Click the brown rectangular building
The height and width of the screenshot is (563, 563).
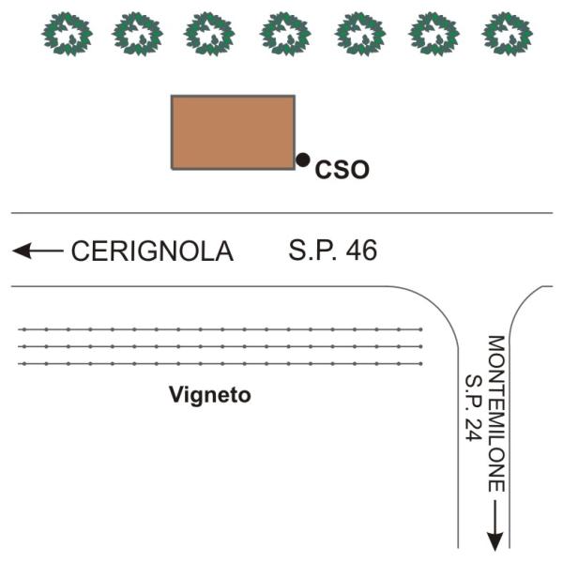tap(233, 132)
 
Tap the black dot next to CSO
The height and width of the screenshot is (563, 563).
tap(303, 160)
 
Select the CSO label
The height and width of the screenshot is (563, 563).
tap(342, 170)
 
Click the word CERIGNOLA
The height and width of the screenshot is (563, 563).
tap(153, 251)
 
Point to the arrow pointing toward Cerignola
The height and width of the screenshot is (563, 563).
tap(38, 251)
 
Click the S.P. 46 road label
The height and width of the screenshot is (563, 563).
tap(333, 251)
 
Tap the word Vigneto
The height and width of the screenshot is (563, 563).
tap(210, 396)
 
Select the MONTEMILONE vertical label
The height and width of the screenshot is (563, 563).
tap(496, 414)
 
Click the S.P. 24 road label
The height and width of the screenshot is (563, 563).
tap(473, 408)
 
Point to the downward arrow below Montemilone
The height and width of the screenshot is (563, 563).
tap(495, 525)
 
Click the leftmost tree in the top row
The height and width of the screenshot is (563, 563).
tap(68, 34)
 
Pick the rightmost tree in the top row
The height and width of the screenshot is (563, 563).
tap(507, 34)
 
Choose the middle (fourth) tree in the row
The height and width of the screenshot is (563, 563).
tap(285, 34)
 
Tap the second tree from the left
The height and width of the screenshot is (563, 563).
tap(138, 34)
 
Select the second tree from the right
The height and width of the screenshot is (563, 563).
tap(434, 34)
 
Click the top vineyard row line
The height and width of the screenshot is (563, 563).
tap(221, 329)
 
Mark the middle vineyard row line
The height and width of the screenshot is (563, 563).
tap(221, 346)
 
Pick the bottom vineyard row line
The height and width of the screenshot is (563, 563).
tap(221, 364)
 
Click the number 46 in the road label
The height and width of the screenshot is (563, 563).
tap(361, 251)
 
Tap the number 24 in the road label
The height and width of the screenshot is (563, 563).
tap(473, 429)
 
